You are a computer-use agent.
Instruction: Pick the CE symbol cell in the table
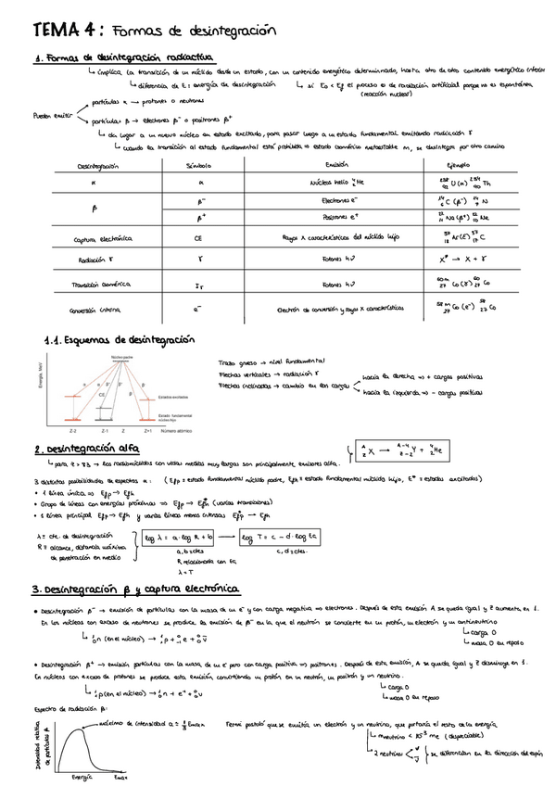click(x=198, y=238)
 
